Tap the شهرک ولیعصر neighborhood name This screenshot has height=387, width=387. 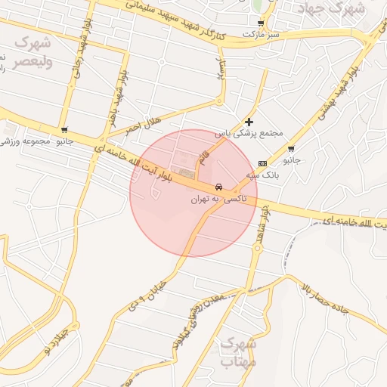point(33,51)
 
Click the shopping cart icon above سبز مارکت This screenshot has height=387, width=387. point(261,23)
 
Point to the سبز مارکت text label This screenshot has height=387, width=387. point(261,35)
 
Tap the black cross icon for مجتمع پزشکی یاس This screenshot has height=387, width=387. point(249,122)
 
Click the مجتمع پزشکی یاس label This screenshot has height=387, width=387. point(249,133)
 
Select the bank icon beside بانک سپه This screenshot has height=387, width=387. point(262,163)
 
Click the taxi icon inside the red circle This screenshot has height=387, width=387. point(218,186)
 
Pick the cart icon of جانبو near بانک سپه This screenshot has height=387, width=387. point(291,149)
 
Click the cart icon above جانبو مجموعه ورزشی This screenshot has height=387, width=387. point(64,130)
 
